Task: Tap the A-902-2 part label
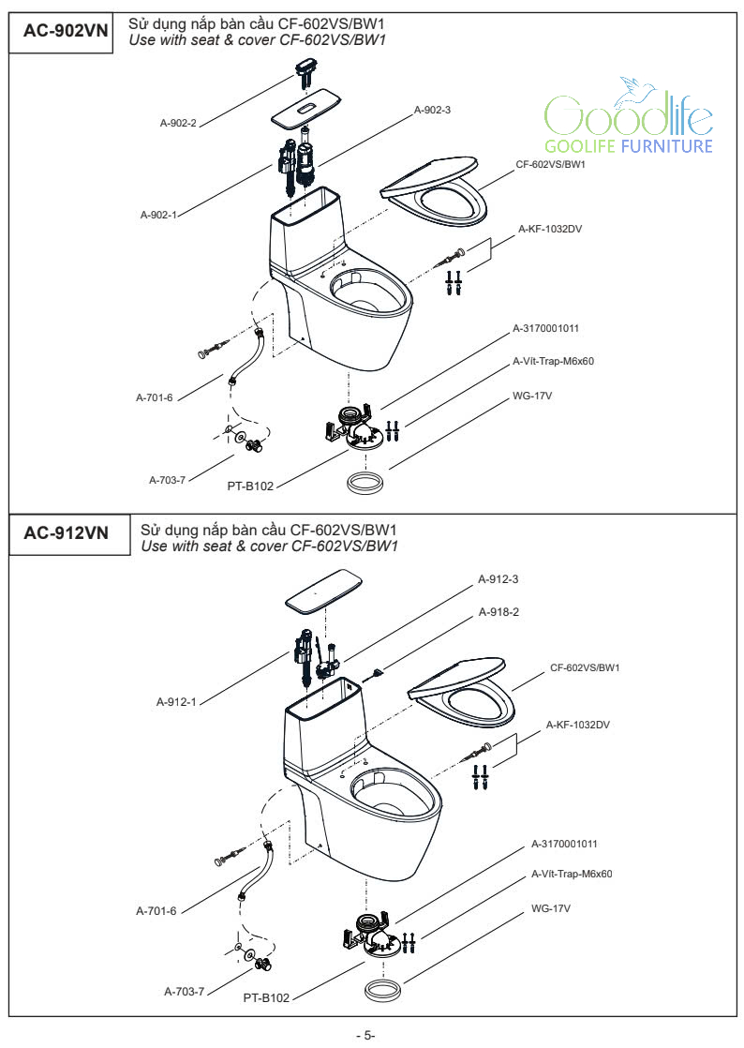[177, 122]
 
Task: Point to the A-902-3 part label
[432, 110]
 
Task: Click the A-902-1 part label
[158, 215]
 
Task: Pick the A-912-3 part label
[498, 579]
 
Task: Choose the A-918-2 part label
[498, 612]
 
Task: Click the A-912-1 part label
[175, 701]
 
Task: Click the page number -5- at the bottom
[365, 1035]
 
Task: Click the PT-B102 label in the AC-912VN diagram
[266, 998]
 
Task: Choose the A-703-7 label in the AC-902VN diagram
[168, 479]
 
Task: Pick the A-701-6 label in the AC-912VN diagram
[156, 910]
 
